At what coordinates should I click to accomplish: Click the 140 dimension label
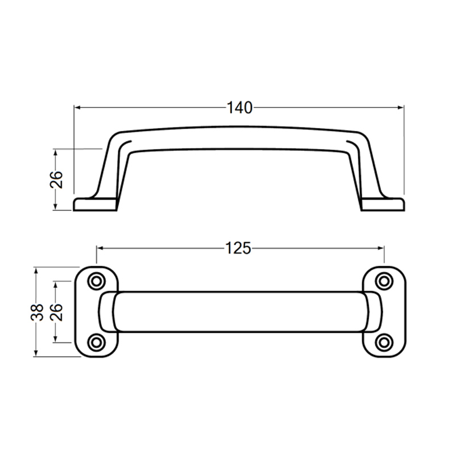click(239, 107)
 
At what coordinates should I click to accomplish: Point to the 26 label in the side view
click(56, 180)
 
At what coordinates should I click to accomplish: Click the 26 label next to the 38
click(56, 312)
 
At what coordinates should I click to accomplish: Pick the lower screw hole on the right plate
click(385, 341)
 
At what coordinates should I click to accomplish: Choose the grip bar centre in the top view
click(239, 312)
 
